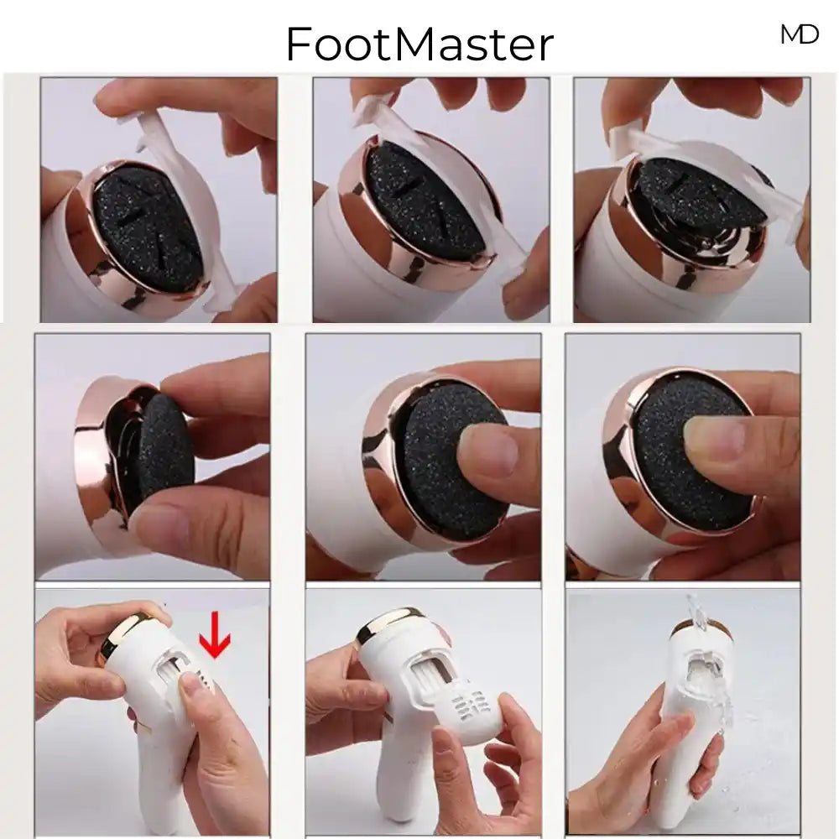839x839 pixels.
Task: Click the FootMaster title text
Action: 419,44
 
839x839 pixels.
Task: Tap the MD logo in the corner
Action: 800,34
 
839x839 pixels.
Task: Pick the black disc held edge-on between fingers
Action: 159,450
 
